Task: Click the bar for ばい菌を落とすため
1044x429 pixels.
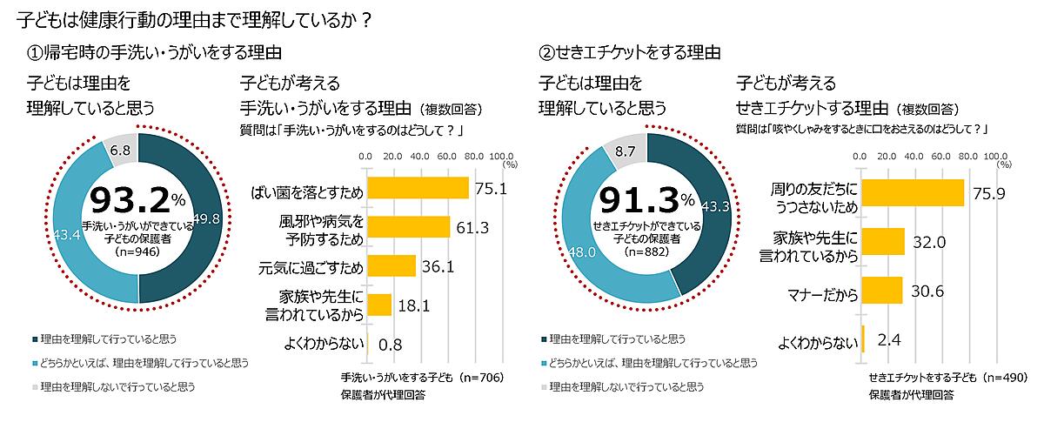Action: pyautogui.click(x=418, y=188)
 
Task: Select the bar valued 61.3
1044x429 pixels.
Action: pyautogui.click(x=408, y=227)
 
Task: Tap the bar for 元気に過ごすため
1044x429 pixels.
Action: pyautogui.click(x=391, y=265)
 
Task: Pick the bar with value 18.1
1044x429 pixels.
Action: pyautogui.click(x=379, y=304)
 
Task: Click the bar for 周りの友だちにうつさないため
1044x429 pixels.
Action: pyautogui.click(x=913, y=192)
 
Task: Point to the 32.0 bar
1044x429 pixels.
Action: pyautogui.click(x=882, y=241)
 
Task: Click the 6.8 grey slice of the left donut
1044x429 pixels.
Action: pyautogui.click(x=120, y=149)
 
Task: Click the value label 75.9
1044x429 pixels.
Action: pyautogui.click(x=988, y=193)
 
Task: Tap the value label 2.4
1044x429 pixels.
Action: pyautogui.click(x=887, y=339)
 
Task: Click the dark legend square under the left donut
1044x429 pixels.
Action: pyautogui.click(x=34, y=339)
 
